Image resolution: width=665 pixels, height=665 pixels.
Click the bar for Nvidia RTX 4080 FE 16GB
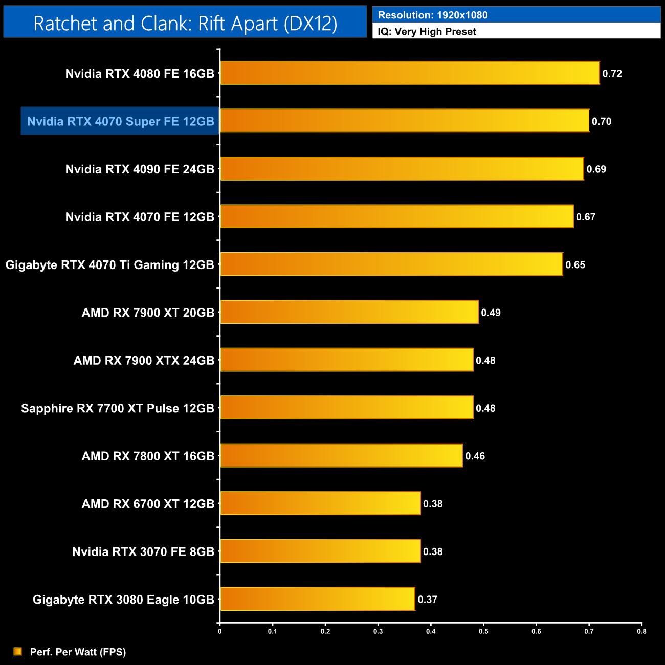click(x=409, y=73)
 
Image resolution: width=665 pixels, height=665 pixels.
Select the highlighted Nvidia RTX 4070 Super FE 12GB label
click(x=120, y=121)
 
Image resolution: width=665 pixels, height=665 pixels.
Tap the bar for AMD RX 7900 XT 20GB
click(x=349, y=312)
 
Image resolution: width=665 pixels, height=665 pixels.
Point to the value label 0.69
click(x=596, y=169)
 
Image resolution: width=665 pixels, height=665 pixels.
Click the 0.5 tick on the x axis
click(x=483, y=631)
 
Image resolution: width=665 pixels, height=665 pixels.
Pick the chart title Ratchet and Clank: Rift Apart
click(x=185, y=23)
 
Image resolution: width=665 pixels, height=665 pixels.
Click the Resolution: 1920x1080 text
click(x=433, y=15)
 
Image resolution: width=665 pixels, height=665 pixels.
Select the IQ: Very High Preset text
click(x=427, y=32)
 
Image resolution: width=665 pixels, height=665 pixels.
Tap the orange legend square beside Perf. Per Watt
click(x=18, y=651)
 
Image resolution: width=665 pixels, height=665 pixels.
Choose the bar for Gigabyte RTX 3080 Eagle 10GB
click(x=317, y=599)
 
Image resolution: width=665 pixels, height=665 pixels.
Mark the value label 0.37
click(x=427, y=600)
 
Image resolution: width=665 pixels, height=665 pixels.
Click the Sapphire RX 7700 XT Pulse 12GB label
click(x=117, y=408)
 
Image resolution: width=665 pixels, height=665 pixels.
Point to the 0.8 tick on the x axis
click(x=641, y=631)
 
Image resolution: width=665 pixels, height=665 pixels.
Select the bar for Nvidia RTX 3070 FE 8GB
click(x=320, y=551)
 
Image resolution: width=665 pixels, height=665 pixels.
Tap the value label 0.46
click(x=475, y=456)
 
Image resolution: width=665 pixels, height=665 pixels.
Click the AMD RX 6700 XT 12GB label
click(x=148, y=504)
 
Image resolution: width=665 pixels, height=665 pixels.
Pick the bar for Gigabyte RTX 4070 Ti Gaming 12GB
click(x=391, y=264)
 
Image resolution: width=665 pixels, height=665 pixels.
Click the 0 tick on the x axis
click(x=220, y=631)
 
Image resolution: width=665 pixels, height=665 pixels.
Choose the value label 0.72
click(x=612, y=74)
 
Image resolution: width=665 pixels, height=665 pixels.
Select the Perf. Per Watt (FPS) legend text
click(x=78, y=652)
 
